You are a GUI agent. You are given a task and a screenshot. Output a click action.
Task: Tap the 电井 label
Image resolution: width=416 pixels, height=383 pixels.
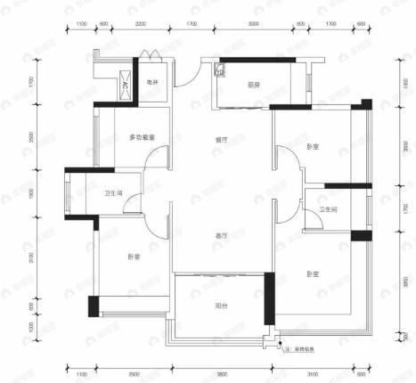pos(152,84)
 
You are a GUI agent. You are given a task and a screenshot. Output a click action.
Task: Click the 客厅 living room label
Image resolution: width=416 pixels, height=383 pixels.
pos(220,235)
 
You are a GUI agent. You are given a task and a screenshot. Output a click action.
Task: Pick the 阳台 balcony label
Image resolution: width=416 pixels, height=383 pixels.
pos(220,305)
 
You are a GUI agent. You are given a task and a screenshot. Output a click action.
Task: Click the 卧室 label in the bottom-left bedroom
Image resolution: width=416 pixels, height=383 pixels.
pos(133,257)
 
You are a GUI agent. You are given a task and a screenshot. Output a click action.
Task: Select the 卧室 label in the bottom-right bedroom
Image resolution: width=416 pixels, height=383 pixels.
pos(314,273)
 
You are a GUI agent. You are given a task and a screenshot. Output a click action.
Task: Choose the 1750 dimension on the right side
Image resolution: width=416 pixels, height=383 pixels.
pos(403,210)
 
